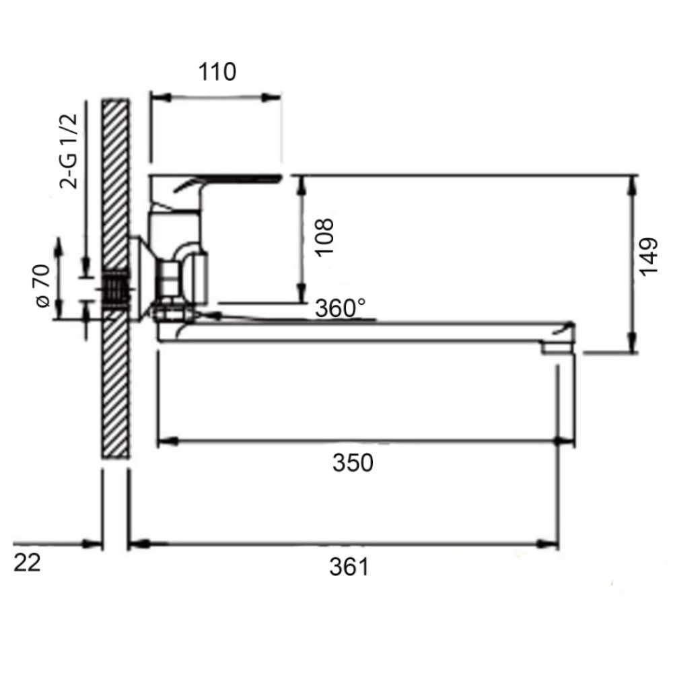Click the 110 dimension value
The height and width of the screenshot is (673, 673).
[x=217, y=72]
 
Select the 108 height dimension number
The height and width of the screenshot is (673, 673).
[x=324, y=238]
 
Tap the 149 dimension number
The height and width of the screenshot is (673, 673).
[x=648, y=256]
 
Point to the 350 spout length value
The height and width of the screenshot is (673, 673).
[x=353, y=463]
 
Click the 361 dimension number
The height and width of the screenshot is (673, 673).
[x=349, y=567]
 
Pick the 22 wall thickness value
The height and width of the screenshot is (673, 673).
[x=27, y=562]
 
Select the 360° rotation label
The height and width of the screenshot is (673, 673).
[x=341, y=308]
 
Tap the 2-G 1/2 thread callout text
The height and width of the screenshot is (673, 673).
[x=69, y=151]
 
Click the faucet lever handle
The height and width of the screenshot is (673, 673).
[x=227, y=182]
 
